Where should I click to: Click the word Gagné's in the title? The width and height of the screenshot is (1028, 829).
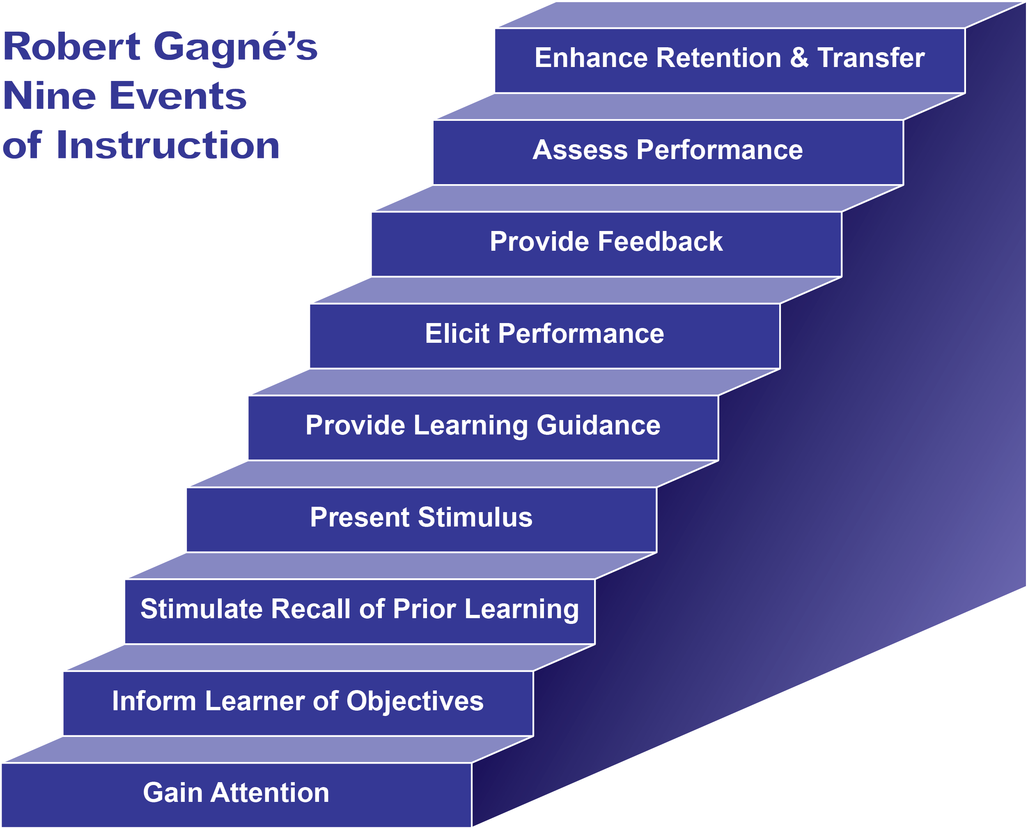click(x=236, y=48)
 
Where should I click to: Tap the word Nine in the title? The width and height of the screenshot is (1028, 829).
click(x=50, y=96)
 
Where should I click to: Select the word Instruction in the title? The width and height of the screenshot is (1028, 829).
click(x=168, y=145)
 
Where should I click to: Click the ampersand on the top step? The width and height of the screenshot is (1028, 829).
click(x=799, y=58)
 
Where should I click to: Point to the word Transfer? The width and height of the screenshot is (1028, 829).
click(x=871, y=58)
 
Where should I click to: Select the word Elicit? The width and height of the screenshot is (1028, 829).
click(x=457, y=333)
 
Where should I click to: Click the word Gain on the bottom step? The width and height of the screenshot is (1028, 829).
click(x=173, y=793)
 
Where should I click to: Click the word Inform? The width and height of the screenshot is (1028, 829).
click(x=154, y=701)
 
